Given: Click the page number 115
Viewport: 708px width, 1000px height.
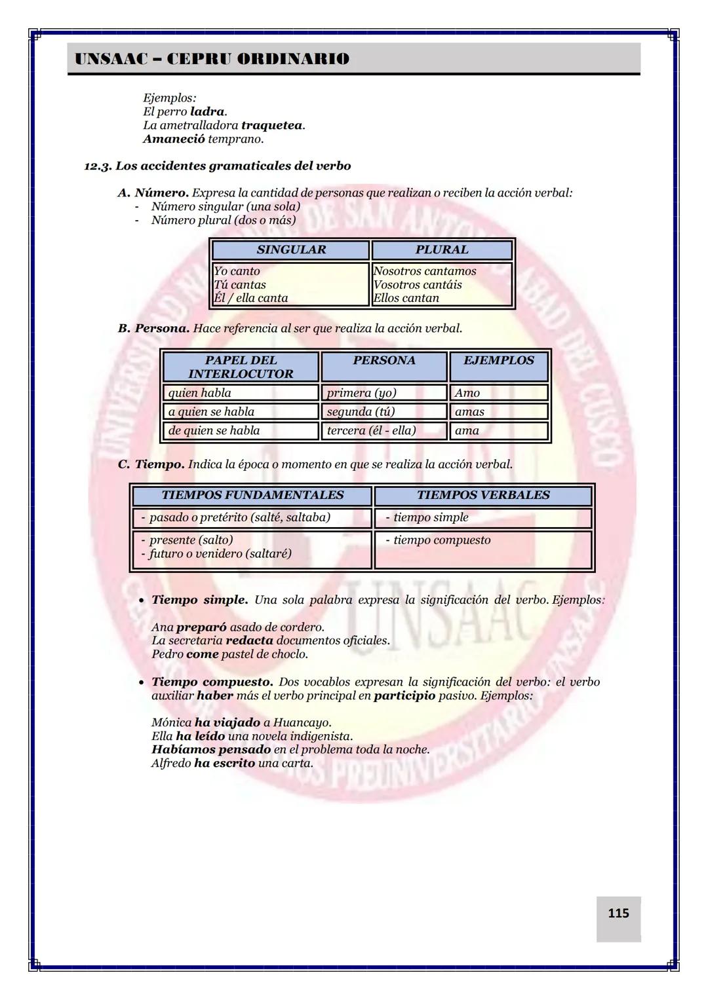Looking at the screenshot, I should tap(618, 913).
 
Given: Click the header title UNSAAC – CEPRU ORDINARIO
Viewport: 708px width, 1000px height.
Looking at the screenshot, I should tap(212, 59).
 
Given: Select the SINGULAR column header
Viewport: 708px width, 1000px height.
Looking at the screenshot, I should tap(291, 250).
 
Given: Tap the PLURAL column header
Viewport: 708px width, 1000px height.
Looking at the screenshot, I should tap(441, 250).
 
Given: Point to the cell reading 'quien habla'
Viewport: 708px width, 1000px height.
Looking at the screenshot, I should tap(200, 393).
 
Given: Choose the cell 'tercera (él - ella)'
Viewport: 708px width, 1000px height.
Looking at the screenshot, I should tap(371, 431).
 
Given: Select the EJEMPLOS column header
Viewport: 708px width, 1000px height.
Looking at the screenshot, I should tap(498, 360).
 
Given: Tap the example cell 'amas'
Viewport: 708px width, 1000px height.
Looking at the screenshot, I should tap(469, 412).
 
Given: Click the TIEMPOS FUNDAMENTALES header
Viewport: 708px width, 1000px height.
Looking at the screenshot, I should tap(252, 495).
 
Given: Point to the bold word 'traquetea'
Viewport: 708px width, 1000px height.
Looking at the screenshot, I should tap(271, 125).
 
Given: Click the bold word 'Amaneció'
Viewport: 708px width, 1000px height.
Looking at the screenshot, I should tap(174, 139).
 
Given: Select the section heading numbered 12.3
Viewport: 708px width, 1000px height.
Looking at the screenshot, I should tap(217, 166).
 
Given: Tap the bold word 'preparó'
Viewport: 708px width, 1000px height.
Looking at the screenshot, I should tap(201, 627).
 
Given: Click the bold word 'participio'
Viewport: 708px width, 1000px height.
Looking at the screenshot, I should tap(404, 695).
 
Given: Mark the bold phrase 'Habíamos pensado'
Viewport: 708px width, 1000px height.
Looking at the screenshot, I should tap(211, 749).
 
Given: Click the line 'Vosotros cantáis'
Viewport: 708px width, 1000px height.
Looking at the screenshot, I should tap(418, 285).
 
